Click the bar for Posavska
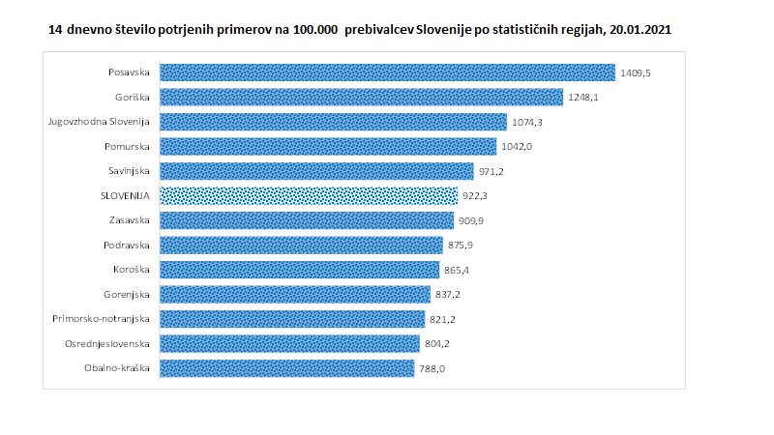(387, 72)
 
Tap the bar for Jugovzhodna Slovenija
(333, 122)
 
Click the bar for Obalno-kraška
(286, 367)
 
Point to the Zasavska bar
(306, 220)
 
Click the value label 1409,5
(636, 72)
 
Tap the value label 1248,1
(583, 98)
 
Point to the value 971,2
(491, 171)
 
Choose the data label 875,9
(461, 246)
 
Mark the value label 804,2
(437, 343)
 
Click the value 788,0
(432, 368)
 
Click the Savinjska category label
(129, 171)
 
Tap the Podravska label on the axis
(127, 245)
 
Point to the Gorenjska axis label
(127, 294)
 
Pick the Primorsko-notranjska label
(103, 318)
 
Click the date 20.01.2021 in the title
(636, 30)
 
